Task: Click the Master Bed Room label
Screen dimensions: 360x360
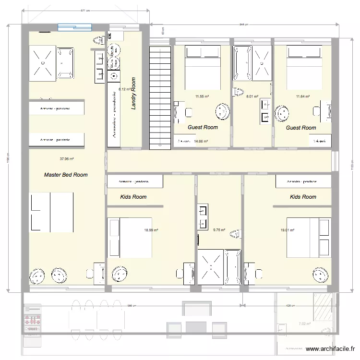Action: [x=66, y=175]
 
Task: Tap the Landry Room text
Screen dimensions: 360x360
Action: [x=134, y=93]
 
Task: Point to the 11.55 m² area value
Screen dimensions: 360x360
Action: [x=202, y=96]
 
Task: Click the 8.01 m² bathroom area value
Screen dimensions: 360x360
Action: [x=252, y=96]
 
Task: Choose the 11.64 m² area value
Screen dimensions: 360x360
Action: [x=303, y=96]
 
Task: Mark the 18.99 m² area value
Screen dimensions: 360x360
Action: [x=151, y=230]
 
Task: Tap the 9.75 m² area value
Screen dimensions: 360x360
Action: [x=219, y=230]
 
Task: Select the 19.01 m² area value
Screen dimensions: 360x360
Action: [x=287, y=230]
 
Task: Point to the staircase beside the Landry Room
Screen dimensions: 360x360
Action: [x=160, y=94]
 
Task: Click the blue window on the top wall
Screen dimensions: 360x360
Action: [x=74, y=27]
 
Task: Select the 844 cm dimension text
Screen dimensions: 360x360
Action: [x=244, y=24]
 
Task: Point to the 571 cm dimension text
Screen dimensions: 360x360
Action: [x=84, y=10]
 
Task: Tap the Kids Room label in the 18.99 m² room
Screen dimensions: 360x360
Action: [x=133, y=197]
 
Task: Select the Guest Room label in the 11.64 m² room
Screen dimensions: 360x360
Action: [x=301, y=128]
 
